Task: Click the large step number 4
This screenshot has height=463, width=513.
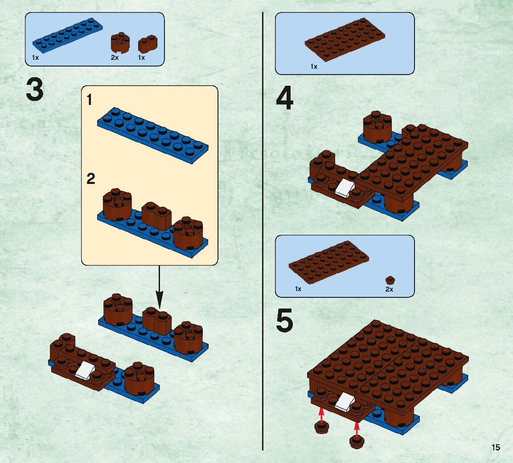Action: pyautogui.click(x=285, y=99)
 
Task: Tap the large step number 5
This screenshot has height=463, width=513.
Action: pyautogui.click(x=284, y=321)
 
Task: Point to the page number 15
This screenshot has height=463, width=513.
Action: pyautogui.click(x=496, y=448)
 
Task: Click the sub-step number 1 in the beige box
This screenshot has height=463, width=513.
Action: pyautogui.click(x=90, y=100)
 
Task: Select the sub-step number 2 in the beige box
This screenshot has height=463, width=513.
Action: pyautogui.click(x=91, y=179)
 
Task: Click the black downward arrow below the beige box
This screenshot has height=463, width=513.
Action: pyautogui.click(x=159, y=295)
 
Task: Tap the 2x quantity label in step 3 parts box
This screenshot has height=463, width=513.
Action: pyautogui.click(x=115, y=58)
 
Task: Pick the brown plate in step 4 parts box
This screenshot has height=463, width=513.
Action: pyautogui.click(x=345, y=41)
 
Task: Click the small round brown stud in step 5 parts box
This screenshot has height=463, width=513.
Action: pyautogui.click(x=390, y=280)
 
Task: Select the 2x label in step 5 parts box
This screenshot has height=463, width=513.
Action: pyautogui.click(x=389, y=289)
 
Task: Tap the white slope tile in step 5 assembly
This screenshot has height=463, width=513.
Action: pyautogui.click(x=344, y=402)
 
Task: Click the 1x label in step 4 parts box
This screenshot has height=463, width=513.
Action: pyautogui.click(x=314, y=67)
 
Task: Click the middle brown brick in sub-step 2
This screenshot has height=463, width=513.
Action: pyautogui.click(x=156, y=215)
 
